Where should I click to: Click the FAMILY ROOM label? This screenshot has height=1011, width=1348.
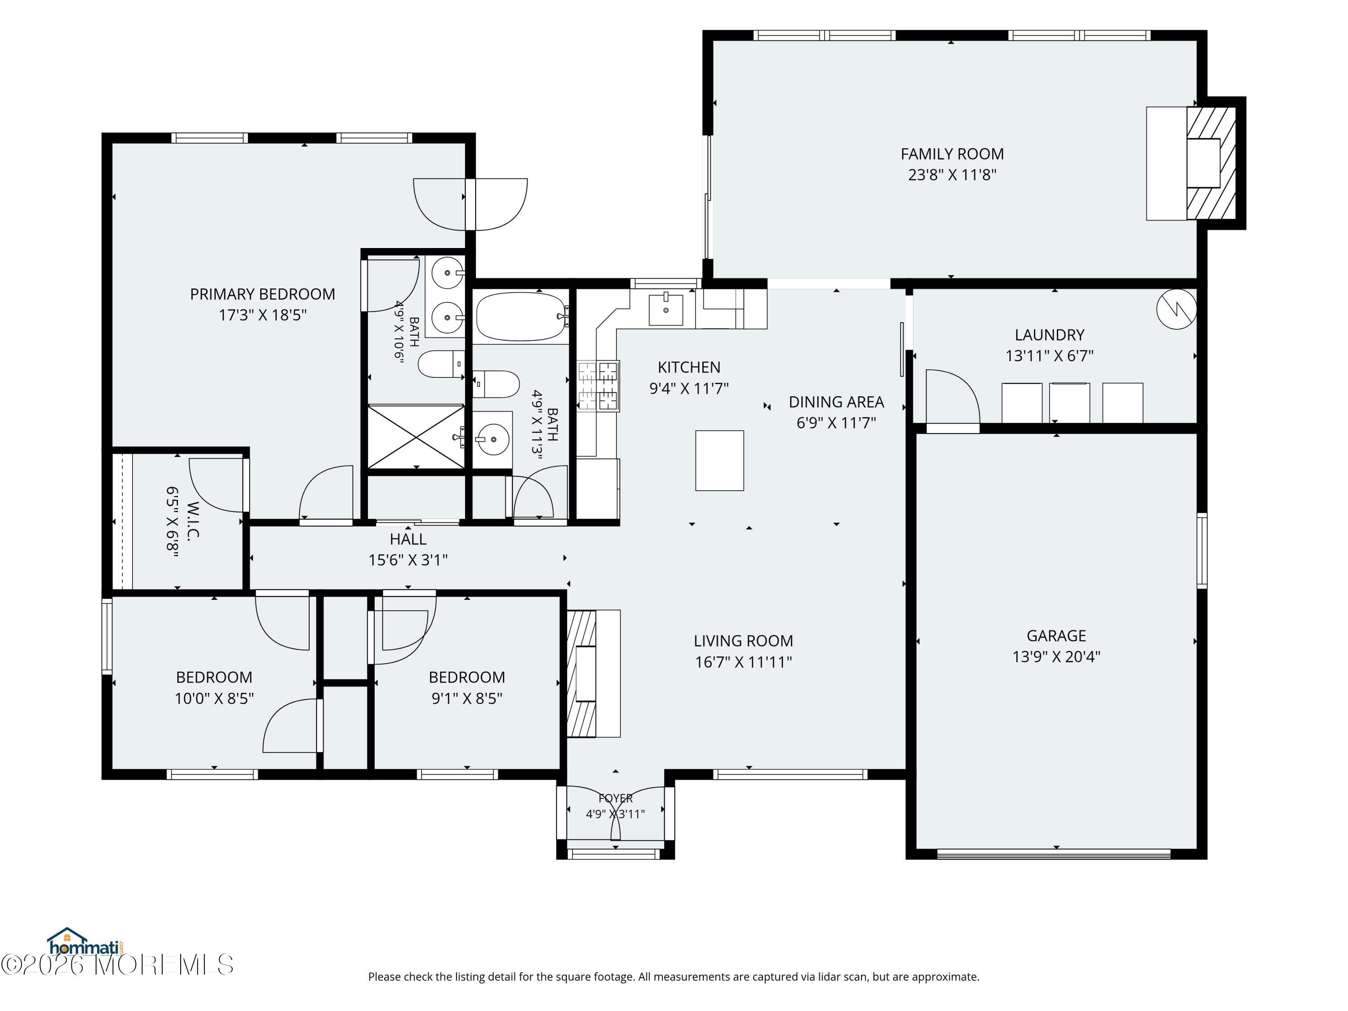tap(952, 154)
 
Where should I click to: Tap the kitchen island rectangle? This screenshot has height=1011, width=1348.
tap(720, 460)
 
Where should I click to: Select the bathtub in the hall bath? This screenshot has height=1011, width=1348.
tap(522, 317)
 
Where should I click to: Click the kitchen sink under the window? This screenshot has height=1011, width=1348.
tap(665, 309)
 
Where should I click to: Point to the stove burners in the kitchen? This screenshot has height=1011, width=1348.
tap(599, 385)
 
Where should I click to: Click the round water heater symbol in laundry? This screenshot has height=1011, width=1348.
tap(1176, 309)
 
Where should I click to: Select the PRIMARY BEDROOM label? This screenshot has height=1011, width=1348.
tap(263, 294)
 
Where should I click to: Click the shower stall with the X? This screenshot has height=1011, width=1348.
tap(416, 436)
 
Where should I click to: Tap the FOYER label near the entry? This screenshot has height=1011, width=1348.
tap(616, 798)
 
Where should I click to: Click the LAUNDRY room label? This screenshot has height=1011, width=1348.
tap(1049, 335)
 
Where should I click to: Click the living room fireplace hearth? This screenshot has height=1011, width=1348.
tap(594, 674)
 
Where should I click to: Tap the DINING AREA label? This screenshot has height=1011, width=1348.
tap(836, 402)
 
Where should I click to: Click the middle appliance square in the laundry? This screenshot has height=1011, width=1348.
tap(1069, 402)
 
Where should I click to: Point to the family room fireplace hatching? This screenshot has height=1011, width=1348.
tap(1211, 163)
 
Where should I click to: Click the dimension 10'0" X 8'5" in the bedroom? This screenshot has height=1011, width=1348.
tap(214, 698)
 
